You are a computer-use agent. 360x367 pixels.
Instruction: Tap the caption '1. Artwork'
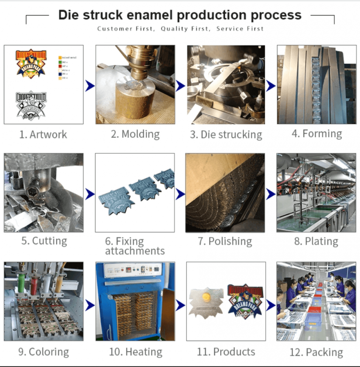(43, 135)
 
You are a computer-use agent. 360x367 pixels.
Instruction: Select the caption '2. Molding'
(135, 134)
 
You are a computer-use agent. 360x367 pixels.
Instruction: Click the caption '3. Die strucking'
(226, 135)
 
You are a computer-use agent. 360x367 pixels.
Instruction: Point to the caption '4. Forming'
(316, 134)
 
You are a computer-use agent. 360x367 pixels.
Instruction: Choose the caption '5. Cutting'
(44, 241)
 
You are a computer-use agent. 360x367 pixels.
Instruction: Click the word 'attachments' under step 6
(135, 251)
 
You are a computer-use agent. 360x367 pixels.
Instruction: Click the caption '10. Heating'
(135, 352)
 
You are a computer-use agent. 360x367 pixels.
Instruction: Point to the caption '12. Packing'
(316, 352)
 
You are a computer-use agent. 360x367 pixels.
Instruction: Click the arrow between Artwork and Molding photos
(90, 85)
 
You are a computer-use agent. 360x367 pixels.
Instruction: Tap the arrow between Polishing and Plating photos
(270, 193)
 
